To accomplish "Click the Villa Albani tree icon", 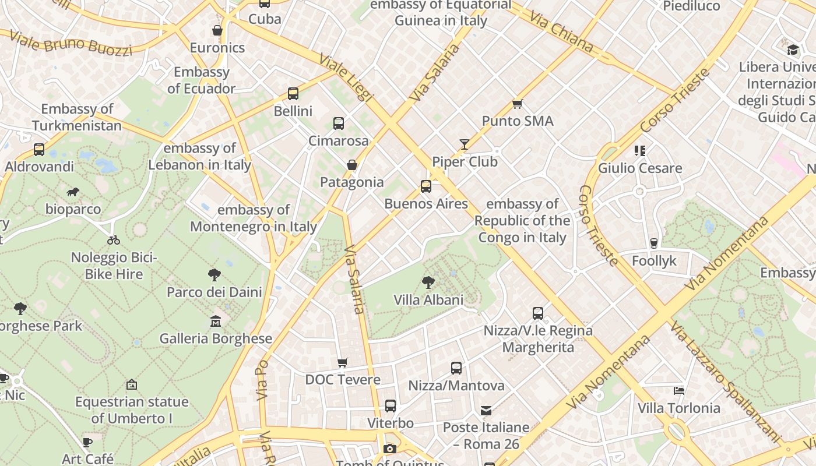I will [x=428, y=283].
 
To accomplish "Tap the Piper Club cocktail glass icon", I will [x=465, y=144].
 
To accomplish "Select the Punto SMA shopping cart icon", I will [x=517, y=104].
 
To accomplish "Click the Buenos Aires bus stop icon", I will [x=426, y=186].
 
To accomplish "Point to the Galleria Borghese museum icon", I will [x=216, y=321].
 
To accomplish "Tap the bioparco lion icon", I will [x=73, y=192].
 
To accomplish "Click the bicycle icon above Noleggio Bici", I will [x=114, y=239].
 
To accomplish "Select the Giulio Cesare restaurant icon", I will [x=640, y=151].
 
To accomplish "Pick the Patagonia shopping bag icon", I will [x=351, y=165].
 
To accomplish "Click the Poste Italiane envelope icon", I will [x=486, y=411].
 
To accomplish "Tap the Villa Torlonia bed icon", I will [x=678, y=390].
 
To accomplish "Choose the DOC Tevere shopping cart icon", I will [x=343, y=362].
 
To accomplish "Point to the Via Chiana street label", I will [x=561, y=32].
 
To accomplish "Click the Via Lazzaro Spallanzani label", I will [x=726, y=382].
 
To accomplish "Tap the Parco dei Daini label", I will [x=214, y=292].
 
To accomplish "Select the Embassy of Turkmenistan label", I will [x=77, y=117].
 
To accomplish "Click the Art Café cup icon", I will [x=87, y=442].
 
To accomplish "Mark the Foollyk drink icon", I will [x=654, y=243].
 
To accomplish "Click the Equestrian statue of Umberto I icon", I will [x=132, y=384].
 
